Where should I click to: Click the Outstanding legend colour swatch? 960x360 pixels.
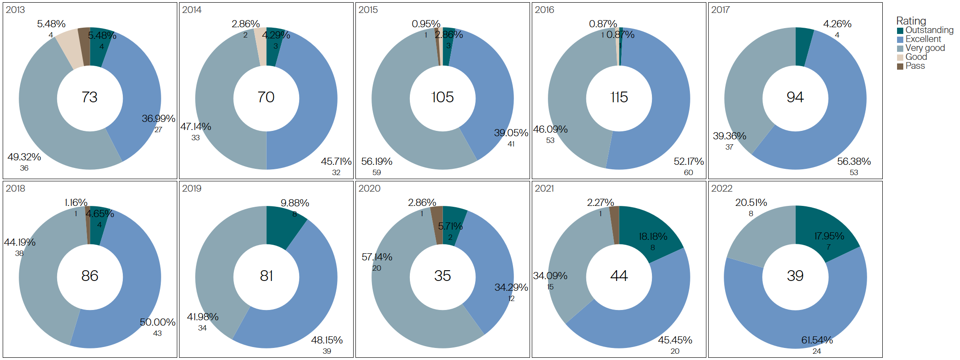[x=900, y=30]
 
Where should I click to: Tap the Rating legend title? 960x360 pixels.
[x=911, y=21]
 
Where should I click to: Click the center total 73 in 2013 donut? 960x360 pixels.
[x=90, y=97]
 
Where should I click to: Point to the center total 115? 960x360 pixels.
[x=619, y=97]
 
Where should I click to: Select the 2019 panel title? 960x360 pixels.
[x=192, y=188]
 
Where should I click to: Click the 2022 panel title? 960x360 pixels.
[x=722, y=188]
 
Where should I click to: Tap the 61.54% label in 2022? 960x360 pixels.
[x=817, y=340]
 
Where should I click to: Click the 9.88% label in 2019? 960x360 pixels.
[x=295, y=203]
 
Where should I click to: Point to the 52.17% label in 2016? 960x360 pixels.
[x=689, y=162]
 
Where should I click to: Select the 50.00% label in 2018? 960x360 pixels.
[x=157, y=322]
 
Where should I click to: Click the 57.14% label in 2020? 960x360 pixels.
[x=377, y=257]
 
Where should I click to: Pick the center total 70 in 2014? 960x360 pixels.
[x=266, y=97]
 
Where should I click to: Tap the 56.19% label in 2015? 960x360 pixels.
[x=376, y=162]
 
